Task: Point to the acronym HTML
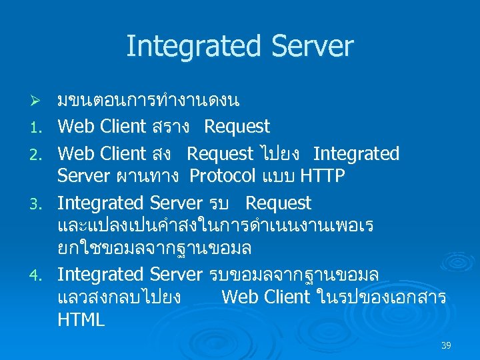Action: [x=81, y=320]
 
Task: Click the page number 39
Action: [x=446, y=345]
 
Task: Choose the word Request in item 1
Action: [x=237, y=127]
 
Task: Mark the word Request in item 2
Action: [x=220, y=154]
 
